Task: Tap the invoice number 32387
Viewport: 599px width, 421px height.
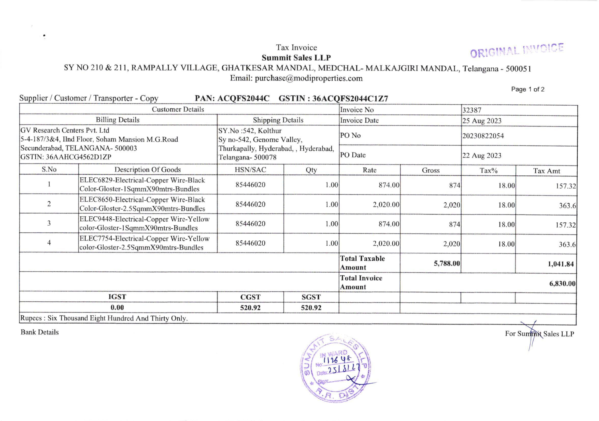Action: [x=472, y=110]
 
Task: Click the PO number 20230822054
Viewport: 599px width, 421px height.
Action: [x=483, y=136]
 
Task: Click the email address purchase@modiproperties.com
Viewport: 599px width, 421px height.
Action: [x=309, y=78]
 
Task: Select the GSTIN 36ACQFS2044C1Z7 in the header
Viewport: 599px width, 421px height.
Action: [x=350, y=99]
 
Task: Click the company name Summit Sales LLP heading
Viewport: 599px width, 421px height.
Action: [x=296, y=58]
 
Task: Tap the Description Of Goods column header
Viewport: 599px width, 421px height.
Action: [x=147, y=170]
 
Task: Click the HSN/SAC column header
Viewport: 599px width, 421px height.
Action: [x=250, y=170]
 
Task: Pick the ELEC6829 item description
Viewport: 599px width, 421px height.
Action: [x=142, y=185]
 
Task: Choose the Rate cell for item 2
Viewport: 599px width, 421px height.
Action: [x=386, y=205]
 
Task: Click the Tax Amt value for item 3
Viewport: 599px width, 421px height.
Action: [x=565, y=225]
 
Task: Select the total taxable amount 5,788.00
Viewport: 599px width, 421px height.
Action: [x=447, y=263]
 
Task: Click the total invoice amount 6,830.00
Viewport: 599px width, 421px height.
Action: [x=562, y=284]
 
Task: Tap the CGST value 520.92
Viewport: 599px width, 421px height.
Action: [x=250, y=308]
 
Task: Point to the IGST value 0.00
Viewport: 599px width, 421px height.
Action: [x=117, y=307]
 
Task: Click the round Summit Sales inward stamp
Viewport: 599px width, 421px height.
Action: [x=335, y=368]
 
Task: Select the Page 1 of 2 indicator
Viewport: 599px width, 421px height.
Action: [x=527, y=90]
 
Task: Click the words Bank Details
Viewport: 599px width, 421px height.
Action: [x=40, y=332]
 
